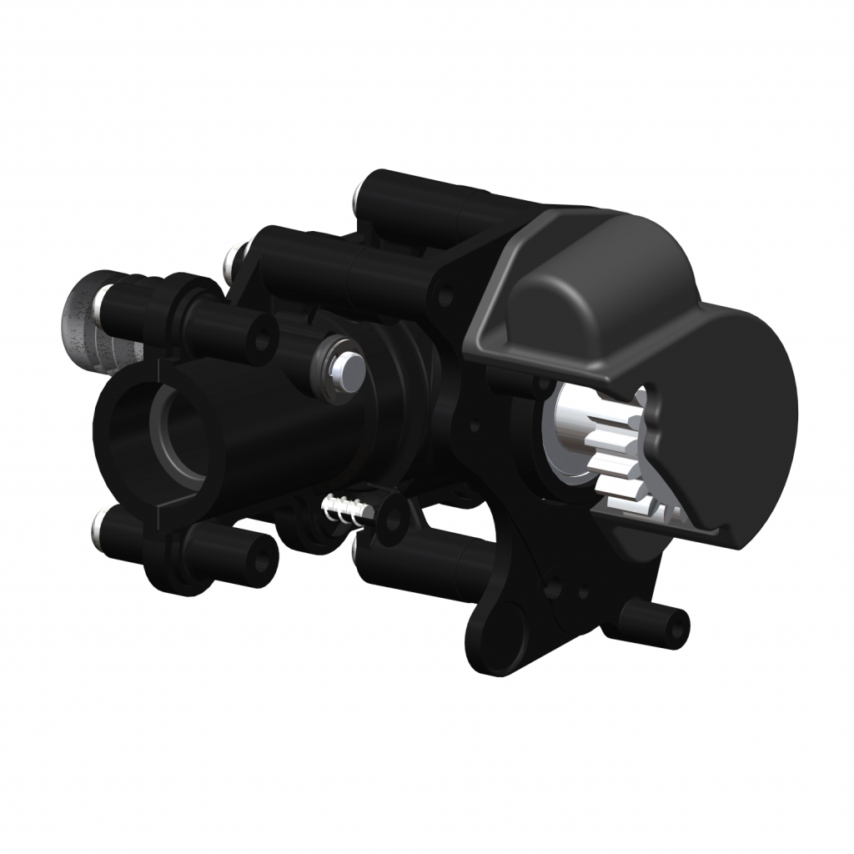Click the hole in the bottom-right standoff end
pos(678,622)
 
